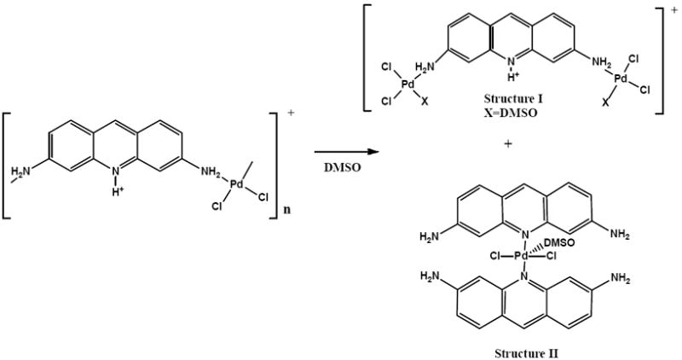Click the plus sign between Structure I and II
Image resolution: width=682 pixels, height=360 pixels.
pos(509,143)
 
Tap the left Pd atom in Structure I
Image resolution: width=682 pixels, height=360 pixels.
pos(408,84)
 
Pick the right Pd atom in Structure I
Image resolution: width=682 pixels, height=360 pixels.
pos(621,78)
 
